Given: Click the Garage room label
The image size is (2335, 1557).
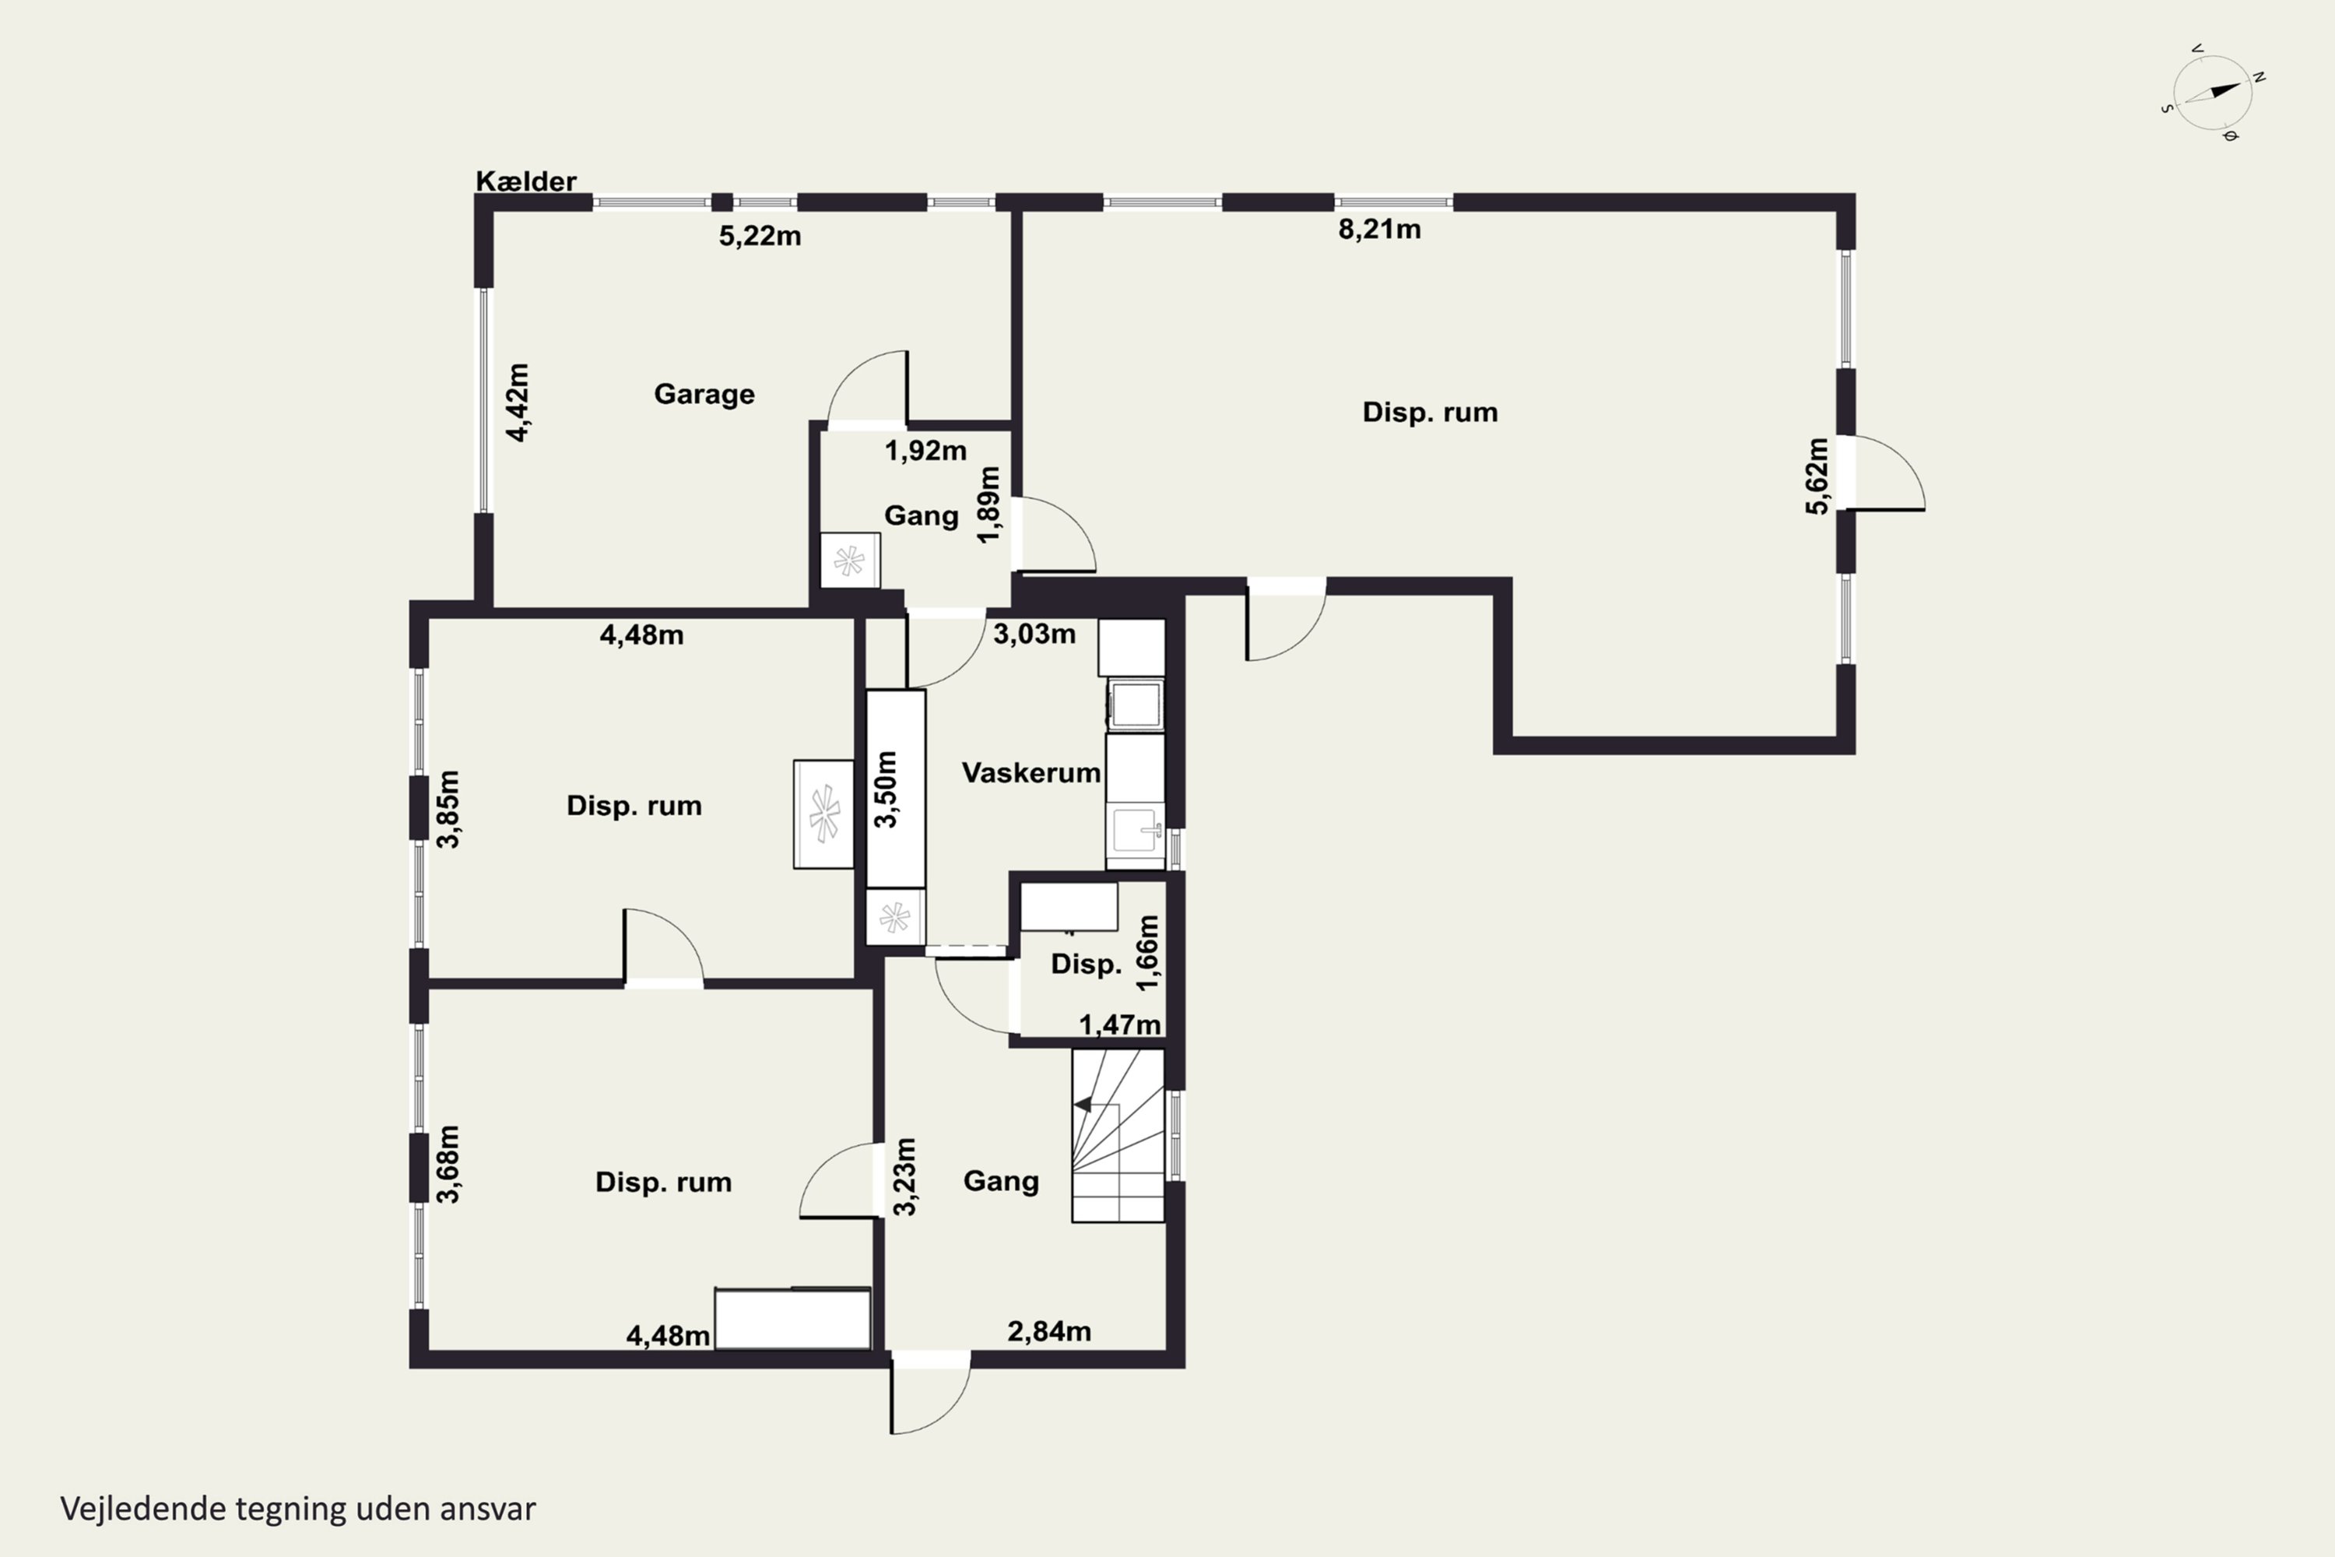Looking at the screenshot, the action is (x=704, y=394).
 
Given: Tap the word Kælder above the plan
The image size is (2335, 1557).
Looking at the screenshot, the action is (x=526, y=181).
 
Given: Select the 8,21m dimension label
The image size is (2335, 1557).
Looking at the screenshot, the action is (x=1379, y=230).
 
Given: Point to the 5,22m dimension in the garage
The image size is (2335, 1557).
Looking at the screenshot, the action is (x=760, y=237).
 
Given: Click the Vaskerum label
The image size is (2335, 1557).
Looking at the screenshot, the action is (x=1031, y=772).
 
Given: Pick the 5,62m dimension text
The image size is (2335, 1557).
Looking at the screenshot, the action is (x=1816, y=476).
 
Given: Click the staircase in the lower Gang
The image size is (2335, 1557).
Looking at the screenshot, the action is (x=1118, y=1135).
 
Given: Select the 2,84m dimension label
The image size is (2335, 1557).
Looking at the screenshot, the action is (x=1048, y=1331).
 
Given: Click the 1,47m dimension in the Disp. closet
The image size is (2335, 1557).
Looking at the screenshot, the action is (x=1120, y=1024).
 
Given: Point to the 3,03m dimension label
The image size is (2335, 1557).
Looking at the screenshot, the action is (x=1034, y=634).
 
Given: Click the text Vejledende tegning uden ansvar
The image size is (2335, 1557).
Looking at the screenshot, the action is (x=298, y=1509).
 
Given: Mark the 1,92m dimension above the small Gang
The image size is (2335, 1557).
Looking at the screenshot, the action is (x=925, y=451).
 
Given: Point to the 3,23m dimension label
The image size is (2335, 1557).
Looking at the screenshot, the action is (x=904, y=1176).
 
